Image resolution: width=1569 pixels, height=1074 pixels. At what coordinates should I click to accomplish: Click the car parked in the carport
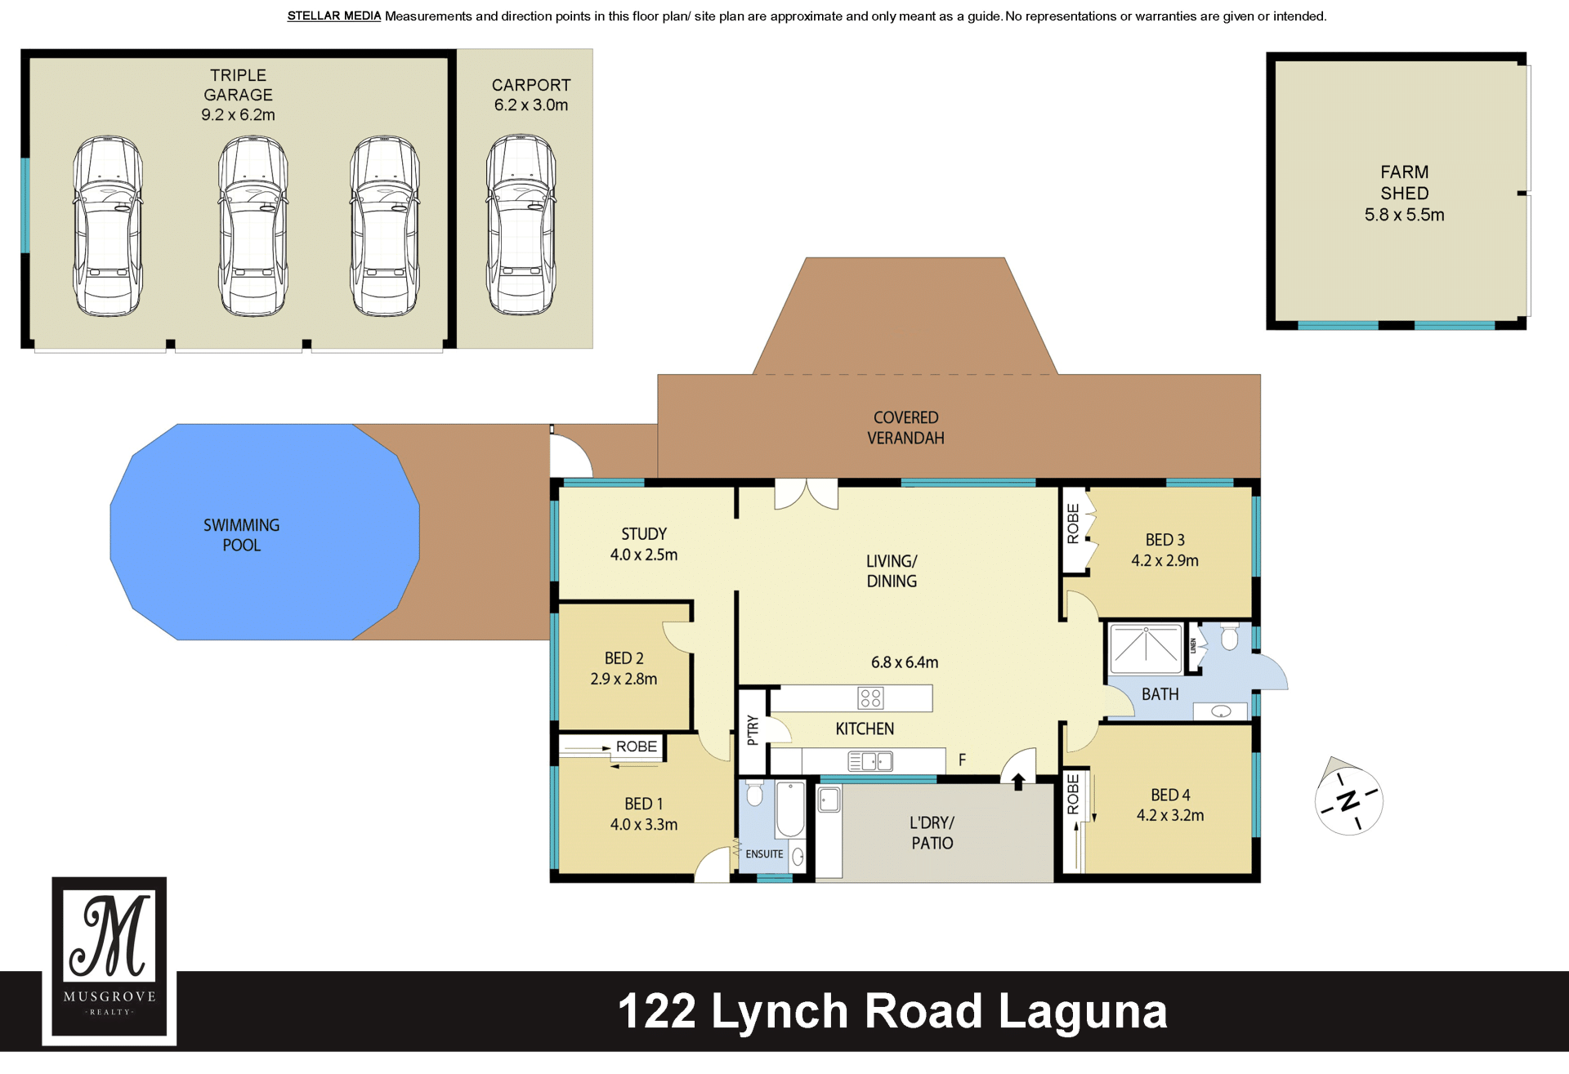click(521, 225)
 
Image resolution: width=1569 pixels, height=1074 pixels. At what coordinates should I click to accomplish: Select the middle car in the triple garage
click(253, 226)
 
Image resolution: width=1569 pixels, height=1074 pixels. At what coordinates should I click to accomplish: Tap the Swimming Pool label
click(242, 535)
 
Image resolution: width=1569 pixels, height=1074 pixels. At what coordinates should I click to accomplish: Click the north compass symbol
click(1348, 798)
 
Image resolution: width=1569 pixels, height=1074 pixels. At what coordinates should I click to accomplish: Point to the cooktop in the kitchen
click(870, 697)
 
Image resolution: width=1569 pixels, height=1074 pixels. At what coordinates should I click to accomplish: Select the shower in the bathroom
click(1146, 648)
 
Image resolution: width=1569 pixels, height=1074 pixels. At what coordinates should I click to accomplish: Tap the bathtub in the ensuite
click(790, 809)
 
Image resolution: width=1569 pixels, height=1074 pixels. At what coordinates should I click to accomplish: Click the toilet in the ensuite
click(755, 793)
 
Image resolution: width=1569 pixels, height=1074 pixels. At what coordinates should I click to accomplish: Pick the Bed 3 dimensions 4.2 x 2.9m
click(1164, 561)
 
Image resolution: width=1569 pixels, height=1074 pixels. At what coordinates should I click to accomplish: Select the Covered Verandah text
click(905, 428)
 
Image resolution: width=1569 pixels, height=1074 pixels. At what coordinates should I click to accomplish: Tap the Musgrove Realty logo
click(110, 960)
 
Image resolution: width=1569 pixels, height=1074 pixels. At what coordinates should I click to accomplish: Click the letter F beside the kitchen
click(963, 760)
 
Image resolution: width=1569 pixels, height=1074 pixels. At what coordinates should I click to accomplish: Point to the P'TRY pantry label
click(753, 730)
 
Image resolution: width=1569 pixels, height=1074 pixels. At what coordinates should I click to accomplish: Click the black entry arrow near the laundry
click(1018, 782)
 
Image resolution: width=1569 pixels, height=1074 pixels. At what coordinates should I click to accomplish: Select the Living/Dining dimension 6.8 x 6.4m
click(905, 662)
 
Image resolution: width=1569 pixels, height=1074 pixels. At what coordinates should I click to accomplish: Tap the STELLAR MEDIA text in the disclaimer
click(334, 16)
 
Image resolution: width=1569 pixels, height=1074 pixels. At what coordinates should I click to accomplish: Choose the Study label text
click(644, 534)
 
